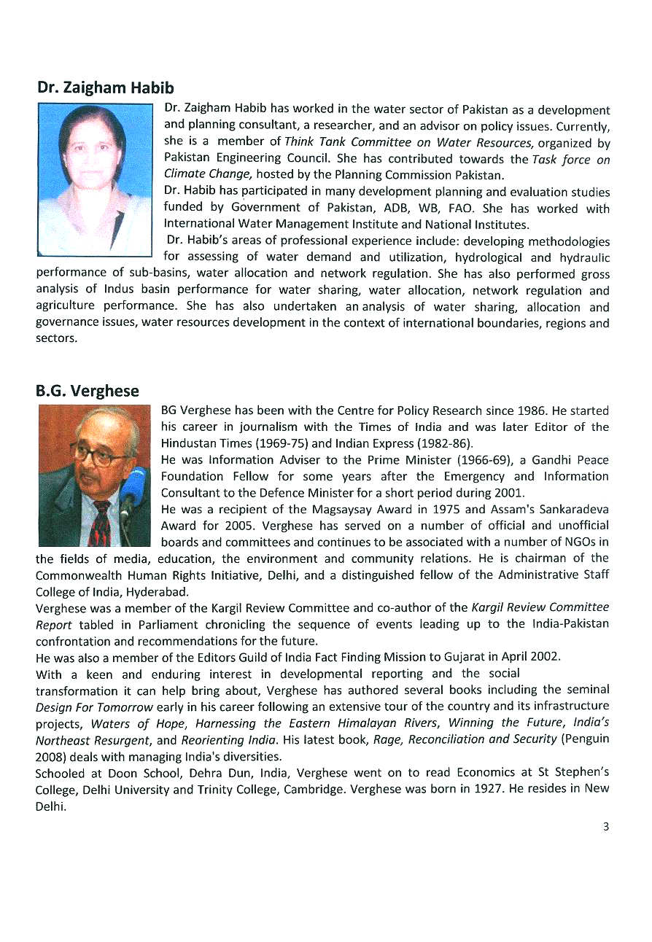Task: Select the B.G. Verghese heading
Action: point(87,392)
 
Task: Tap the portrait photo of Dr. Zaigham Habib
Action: point(94,179)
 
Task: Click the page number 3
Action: point(605,826)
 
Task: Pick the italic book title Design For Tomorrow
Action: point(94,706)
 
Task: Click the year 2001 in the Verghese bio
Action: point(510,492)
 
